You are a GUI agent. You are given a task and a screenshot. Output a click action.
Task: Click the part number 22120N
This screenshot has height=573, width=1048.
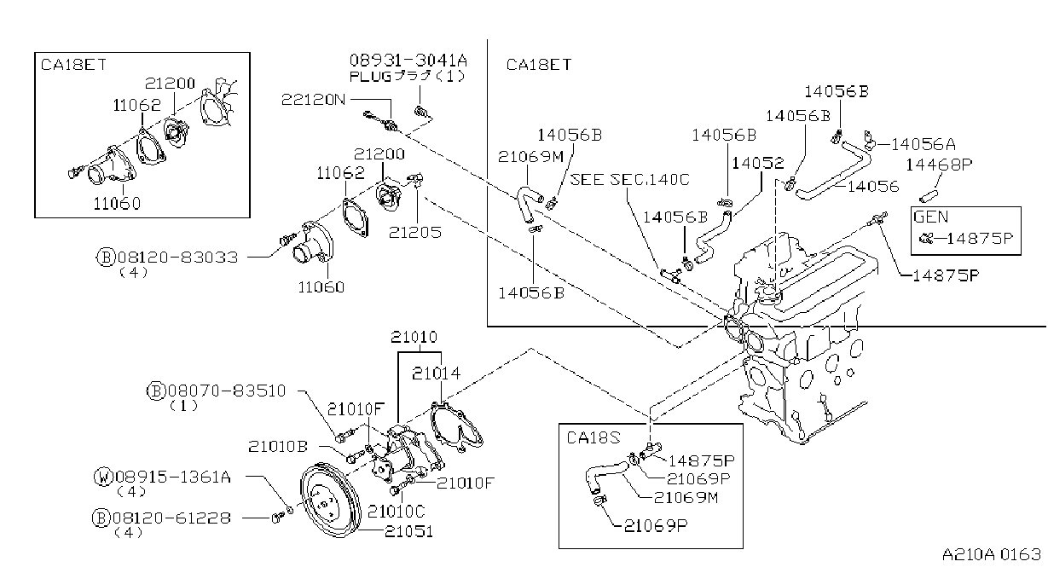[x=313, y=100]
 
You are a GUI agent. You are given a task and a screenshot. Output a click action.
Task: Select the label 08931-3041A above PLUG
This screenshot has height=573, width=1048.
[x=408, y=61]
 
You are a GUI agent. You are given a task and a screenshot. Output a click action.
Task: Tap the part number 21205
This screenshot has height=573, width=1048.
[x=415, y=233]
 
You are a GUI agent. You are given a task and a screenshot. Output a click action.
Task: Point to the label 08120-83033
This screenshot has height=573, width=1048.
[x=177, y=258]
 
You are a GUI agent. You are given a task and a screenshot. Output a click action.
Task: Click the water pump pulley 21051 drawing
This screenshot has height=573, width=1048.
[x=331, y=500]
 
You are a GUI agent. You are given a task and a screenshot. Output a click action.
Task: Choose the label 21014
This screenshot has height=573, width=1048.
[x=436, y=373]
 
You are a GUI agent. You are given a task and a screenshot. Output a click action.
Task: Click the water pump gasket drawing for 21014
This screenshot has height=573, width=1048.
[x=456, y=425]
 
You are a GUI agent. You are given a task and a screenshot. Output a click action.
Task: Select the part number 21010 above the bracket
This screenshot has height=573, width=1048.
[x=414, y=337]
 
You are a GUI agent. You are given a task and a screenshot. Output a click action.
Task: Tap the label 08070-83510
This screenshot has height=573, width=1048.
[x=227, y=391]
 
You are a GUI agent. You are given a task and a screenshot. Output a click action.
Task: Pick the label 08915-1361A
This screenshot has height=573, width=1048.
[x=172, y=477]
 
